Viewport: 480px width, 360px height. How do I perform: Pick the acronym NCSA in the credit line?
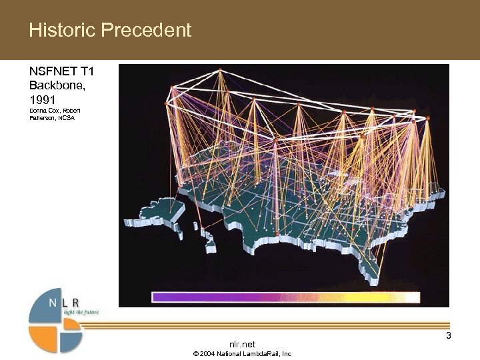coord(67,118)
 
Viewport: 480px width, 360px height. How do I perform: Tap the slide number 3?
coord(449,335)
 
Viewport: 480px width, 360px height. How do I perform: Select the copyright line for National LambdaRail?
coord(242,353)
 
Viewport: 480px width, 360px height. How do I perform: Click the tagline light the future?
coord(81,311)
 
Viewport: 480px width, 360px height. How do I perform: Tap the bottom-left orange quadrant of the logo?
coord(43,338)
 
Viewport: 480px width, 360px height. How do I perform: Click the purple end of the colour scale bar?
coord(160,297)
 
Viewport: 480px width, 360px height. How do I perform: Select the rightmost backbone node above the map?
coord(427,119)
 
